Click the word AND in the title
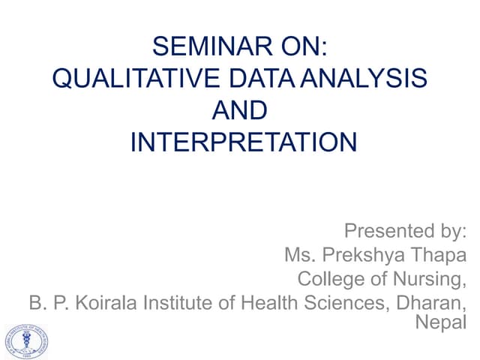point(239,111)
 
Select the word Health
point(269,303)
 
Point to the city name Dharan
point(432,303)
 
